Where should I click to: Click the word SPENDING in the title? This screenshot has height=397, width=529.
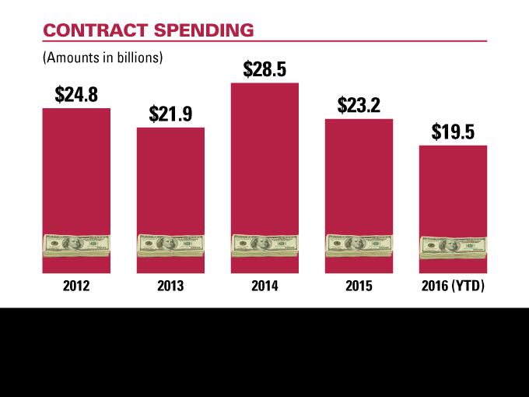pyautogui.click(x=205, y=30)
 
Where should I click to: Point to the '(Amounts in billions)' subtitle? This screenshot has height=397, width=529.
pyautogui.click(x=103, y=58)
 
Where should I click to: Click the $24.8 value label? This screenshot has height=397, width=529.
pyautogui.click(x=76, y=95)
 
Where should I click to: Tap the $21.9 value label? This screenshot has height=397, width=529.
pyautogui.click(x=170, y=114)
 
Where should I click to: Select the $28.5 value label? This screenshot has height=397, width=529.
pyautogui.click(x=265, y=69)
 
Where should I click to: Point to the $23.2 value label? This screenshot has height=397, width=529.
pyautogui.click(x=359, y=105)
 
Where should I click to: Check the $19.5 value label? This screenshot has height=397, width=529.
pyautogui.click(x=453, y=132)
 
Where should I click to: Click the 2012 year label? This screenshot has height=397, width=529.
pyautogui.click(x=76, y=286)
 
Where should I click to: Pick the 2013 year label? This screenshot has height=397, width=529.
pyautogui.click(x=170, y=286)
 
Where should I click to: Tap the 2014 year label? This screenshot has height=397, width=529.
pyautogui.click(x=265, y=286)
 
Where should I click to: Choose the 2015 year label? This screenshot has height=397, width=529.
pyautogui.click(x=359, y=286)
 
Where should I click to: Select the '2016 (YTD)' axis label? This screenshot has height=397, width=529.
pyautogui.click(x=453, y=286)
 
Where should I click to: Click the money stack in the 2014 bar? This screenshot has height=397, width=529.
pyautogui.click(x=265, y=247)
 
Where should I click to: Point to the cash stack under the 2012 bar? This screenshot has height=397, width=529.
pyautogui.click(x=76, y=247)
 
